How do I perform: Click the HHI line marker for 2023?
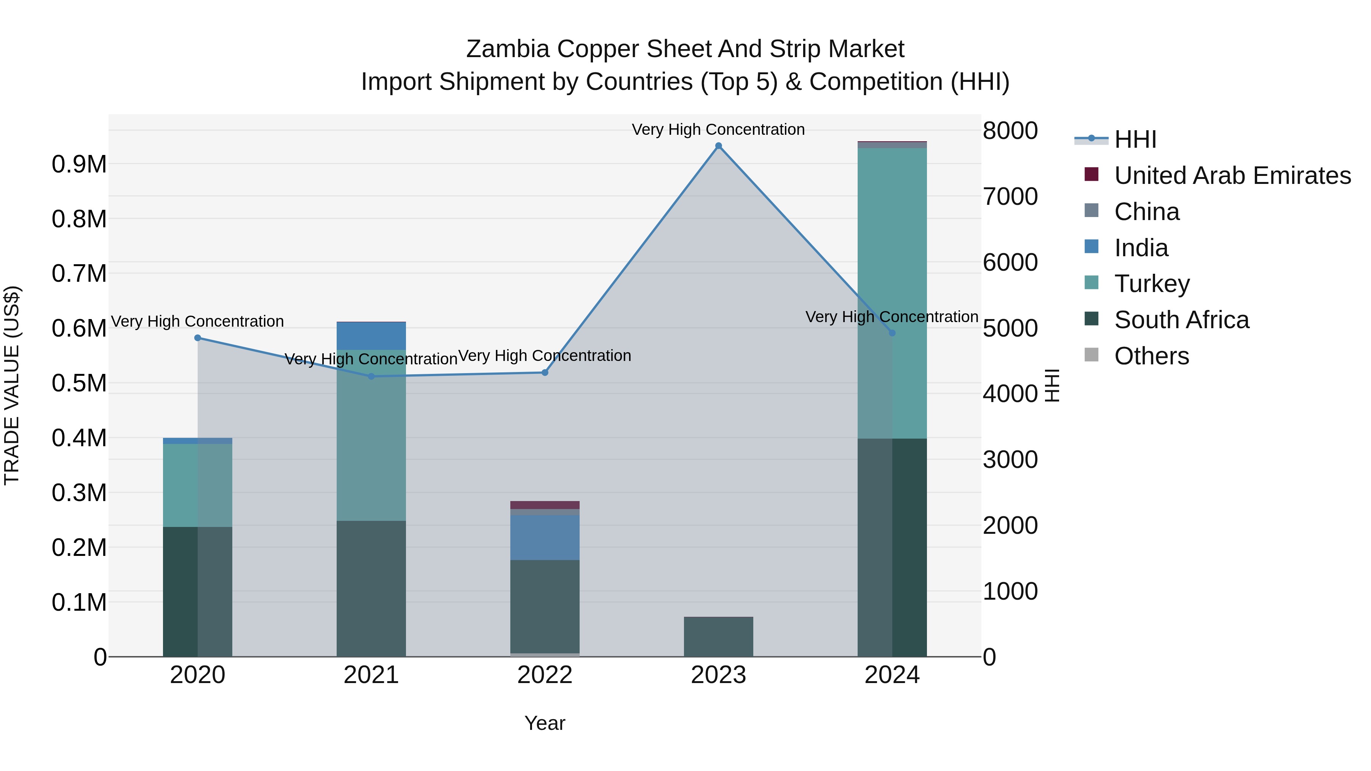(719, 146)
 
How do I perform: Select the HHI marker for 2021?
(371, 377)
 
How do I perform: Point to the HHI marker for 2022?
(545, 373)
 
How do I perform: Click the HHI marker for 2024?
(893, 333)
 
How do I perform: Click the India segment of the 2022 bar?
(545, 537)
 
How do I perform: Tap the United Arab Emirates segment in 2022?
(545, 505)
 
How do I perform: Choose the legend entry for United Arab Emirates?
(1232, 176)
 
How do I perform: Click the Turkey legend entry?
(1152, 284)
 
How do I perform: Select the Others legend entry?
(1151, 356)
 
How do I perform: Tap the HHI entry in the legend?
(1135, 139)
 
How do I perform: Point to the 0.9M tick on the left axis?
(79, 164)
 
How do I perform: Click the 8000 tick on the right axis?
(1010, 131)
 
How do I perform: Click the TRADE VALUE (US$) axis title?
(12, 385)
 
